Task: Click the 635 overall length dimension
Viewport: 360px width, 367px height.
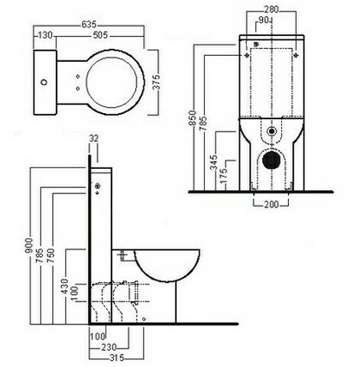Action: click(89, 24)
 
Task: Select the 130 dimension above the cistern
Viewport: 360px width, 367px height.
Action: click(45, 35)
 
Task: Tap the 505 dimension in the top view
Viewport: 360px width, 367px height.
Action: click(100, 35)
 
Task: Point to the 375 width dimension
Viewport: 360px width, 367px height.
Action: click(156, 82)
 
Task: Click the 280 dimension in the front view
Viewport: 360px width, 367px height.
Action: click(271, 10)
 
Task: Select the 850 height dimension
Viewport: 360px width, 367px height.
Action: click(193, 118)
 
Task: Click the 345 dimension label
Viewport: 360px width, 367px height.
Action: click(214, 162)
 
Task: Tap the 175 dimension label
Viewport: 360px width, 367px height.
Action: click(223, 176)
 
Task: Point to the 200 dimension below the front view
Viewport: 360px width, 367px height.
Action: click(271, 204)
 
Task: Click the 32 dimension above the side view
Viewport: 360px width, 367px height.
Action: click(93, 138)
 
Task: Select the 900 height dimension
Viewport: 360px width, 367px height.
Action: click(29, 245)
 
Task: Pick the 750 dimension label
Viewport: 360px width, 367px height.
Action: click(50, 256)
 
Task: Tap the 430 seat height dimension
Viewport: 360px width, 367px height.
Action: click(64, 286)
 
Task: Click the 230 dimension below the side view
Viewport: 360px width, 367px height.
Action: click(109, 347)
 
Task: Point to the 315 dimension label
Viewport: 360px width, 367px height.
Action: click(116, 358)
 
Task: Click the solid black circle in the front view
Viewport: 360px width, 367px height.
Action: click(271, 159)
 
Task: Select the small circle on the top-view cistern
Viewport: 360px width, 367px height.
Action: click(44, 83)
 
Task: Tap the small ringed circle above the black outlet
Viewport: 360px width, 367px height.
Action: click(271, 132)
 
